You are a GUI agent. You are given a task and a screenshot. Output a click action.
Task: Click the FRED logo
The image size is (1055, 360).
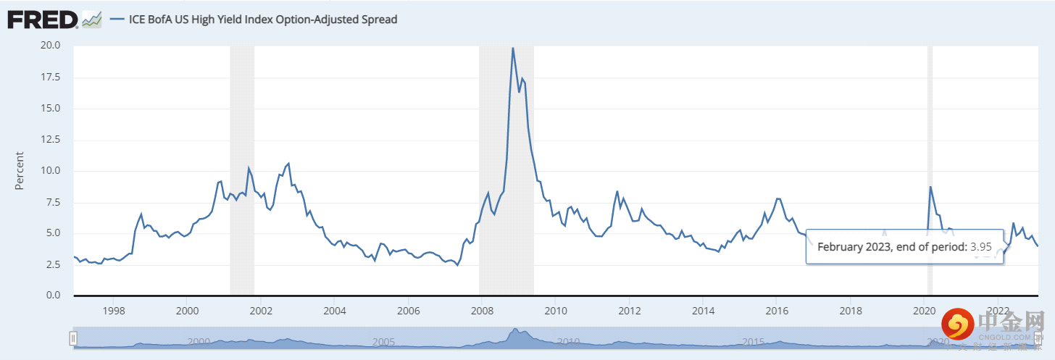(43, 20)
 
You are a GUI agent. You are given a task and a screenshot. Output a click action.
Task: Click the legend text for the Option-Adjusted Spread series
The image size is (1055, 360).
(263, 20)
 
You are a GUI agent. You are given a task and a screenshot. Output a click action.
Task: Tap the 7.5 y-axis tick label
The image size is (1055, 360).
(54, 202)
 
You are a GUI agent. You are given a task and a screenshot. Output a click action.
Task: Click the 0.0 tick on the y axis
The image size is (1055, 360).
(54, 296)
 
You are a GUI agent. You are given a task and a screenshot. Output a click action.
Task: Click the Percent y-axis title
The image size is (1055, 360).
(20, 171)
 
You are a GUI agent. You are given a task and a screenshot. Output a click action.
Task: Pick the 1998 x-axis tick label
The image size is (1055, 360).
(113, 310)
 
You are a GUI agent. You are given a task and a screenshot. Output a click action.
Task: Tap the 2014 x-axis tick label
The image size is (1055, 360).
(703, 310)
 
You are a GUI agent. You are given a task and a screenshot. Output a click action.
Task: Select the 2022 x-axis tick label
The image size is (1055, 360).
(998, 310)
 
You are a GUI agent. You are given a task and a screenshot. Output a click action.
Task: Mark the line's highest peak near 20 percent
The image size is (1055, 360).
(513, 49)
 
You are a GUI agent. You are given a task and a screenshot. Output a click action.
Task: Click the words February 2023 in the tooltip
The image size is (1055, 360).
(854, 247)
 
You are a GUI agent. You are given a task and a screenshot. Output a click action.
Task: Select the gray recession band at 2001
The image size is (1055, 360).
(242, 109)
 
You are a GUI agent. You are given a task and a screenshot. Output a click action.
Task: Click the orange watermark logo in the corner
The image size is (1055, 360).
(960, 325)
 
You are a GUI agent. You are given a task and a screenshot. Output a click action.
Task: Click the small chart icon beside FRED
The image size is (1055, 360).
(91, 20)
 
